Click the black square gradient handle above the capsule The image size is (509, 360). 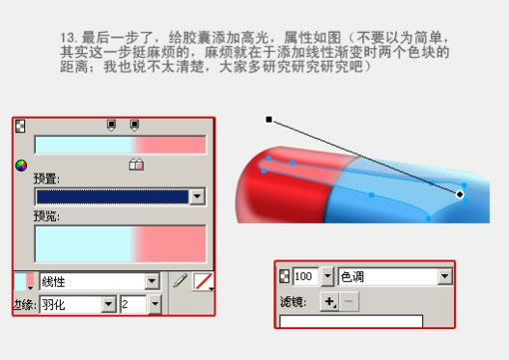click(x=268, y=120)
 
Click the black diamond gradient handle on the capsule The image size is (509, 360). click(x=460, y=193)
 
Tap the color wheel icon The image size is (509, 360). click(x=20, y=167)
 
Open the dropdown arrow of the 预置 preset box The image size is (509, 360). click(x=197, y=197)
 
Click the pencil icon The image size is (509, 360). click(x=180, y=282)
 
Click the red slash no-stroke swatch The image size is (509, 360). click(x=203, y=282)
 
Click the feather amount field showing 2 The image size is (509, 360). click(x=132, y=303)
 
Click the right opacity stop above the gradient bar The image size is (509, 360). click(x=134, y=126)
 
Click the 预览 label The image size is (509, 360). click(x=46, y=215)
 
